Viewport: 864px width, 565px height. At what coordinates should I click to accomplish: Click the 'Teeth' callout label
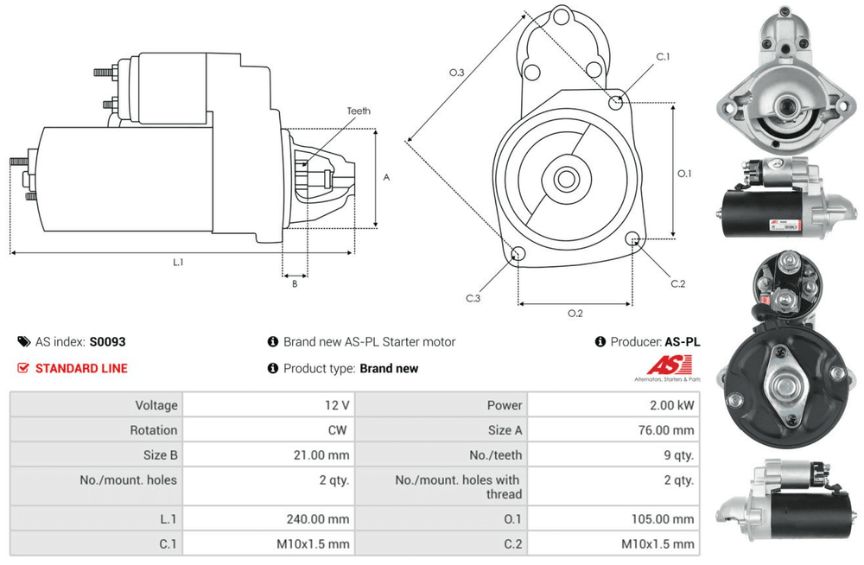[359, 111]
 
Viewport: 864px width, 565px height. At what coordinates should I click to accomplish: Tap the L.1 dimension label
[178, 262]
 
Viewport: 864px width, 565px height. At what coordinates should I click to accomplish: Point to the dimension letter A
[387, 178]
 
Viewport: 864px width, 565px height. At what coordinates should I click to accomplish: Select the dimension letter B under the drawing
[294, 283]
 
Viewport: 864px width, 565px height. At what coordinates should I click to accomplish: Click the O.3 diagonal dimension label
[457, 73]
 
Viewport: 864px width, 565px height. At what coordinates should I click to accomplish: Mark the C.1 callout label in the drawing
[663, 57]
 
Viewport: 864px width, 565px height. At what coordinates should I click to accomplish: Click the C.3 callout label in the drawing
[473, 298]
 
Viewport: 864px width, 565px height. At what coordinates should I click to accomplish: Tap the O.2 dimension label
[575, 313]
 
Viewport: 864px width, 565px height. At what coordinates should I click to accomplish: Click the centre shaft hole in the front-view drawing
[567, 180]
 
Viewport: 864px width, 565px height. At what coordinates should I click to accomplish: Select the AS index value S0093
[108, 342]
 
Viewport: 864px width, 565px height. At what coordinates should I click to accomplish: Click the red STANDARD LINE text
[81, 368]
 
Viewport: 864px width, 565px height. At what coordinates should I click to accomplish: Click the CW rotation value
[340, 430]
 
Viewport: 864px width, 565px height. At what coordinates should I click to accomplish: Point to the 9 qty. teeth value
[677, 455]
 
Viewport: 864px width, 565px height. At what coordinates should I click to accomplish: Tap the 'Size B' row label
[156, 455]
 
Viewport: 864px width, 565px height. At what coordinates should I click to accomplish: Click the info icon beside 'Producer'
[600, 342]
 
